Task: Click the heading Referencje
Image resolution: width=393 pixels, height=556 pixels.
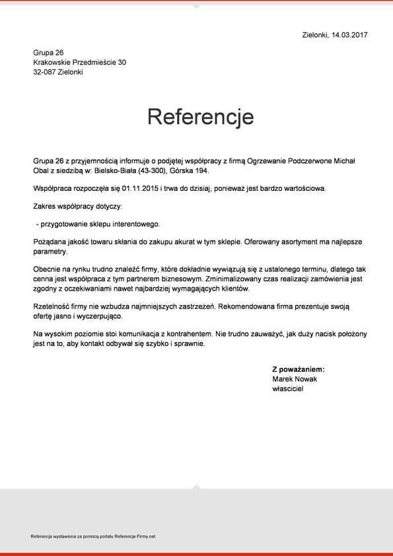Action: point(200,117)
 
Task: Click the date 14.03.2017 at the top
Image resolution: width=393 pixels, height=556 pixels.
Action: point(349,34)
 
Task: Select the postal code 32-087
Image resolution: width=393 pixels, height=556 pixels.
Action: point(45,72)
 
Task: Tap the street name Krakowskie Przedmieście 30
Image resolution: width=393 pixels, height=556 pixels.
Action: point(79,62)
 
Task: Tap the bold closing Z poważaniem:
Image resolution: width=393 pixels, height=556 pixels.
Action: point(299,370)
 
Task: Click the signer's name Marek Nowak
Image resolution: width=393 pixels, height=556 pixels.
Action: point(295,379)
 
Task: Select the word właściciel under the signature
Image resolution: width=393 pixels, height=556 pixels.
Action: point(288,389)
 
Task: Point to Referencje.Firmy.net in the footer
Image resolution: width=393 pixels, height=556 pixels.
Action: point(135,536)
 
